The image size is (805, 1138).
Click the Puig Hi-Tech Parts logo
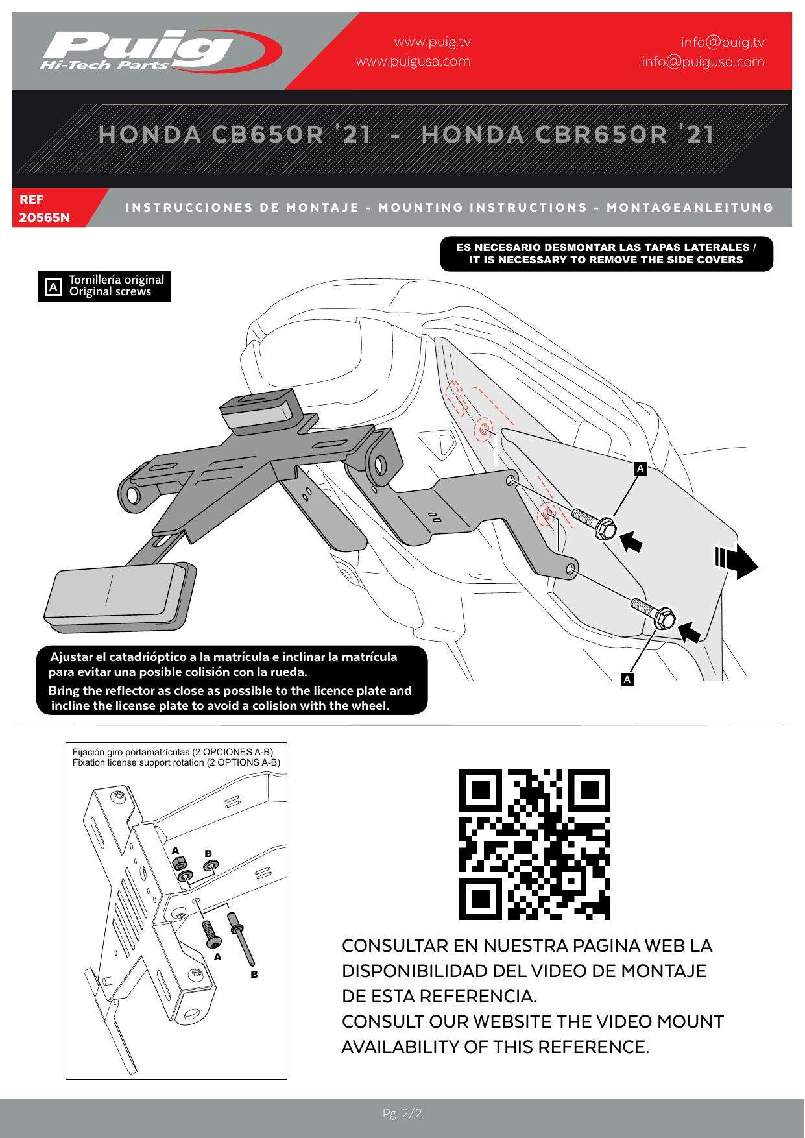[x=159, y=51]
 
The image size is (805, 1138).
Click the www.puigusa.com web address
[x=413, y=62]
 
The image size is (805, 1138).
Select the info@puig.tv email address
[x=723, y=42]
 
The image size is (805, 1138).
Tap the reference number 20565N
[x=44, y=217]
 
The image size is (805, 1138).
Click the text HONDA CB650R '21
[x=235, y=134]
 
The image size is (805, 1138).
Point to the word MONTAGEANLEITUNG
[x=690, y=208]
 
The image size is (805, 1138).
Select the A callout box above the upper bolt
[x=640, y=468]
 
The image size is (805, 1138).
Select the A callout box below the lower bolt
[x=627, y=679]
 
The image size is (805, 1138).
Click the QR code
[x=535, y=844]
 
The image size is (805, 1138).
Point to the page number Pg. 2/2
[x=402, y=1114]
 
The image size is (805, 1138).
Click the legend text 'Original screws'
[x=110, y=292]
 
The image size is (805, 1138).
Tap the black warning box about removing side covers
[x=606, y=254]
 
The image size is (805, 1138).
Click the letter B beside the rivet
[x=254, y=974]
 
